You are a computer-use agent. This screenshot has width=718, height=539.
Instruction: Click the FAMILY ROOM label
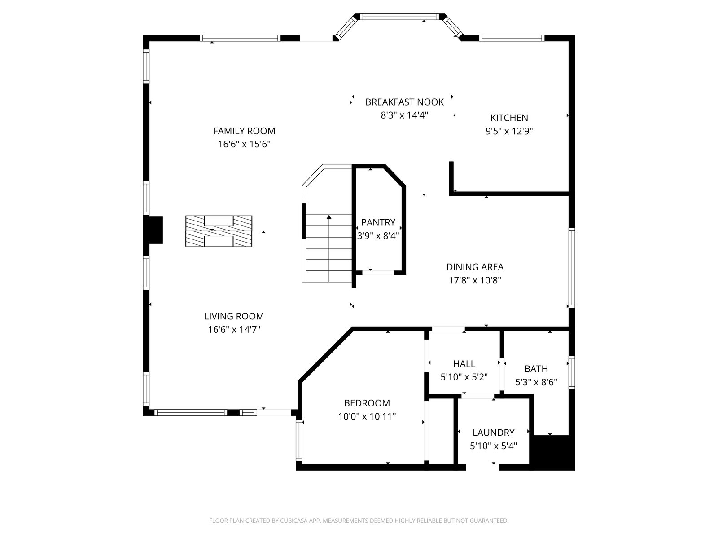coord(244,131)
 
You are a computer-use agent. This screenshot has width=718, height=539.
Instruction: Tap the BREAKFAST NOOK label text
coord(404,102)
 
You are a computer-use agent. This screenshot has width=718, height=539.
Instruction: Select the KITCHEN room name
coord(509,118)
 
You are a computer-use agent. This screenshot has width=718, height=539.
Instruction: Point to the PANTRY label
coord(378,222)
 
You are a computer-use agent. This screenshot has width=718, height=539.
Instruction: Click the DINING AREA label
coord(475,267)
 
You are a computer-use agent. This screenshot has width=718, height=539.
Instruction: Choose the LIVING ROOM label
coord(234,316)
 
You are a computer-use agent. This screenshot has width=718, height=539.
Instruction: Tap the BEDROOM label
coord(367,403)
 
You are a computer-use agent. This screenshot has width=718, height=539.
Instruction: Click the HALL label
coord(464,363)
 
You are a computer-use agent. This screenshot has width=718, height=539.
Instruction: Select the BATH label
coord(536,369)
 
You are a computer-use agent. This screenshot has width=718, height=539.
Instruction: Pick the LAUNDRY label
coord(494,433)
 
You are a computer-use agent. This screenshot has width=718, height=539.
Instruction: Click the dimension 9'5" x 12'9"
coord(509,131)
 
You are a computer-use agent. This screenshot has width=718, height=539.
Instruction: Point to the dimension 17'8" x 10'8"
coord(475,280)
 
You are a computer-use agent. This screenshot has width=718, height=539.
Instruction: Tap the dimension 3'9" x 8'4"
coord(378,236)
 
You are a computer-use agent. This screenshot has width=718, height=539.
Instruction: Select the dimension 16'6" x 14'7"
coord(234,330)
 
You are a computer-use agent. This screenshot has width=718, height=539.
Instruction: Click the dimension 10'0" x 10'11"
coord(367,417)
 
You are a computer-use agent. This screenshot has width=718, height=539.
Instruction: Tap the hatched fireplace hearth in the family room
coord(219,231)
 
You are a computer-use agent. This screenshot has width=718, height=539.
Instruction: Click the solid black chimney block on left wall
coord(156,230)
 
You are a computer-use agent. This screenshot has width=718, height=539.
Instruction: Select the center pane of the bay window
coord(399,17)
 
